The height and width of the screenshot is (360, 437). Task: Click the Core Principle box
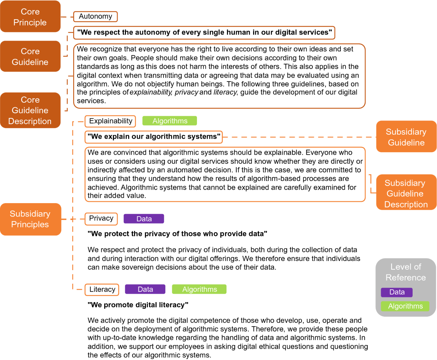30,17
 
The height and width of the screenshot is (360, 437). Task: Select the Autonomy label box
95,16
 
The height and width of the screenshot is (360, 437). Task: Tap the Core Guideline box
30,56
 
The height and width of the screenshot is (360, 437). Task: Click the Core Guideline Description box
30,110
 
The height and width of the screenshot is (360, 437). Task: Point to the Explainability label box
110,121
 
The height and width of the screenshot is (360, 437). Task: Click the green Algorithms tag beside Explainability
170,121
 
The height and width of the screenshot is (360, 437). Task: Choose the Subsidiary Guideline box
406,137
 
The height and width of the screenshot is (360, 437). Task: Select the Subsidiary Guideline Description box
406,193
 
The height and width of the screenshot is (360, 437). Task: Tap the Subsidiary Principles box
30,219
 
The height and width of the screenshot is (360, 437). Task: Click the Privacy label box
101,218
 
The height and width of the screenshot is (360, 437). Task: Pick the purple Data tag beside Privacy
144,219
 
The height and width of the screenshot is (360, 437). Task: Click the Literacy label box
102,289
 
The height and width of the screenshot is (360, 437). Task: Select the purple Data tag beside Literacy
145,289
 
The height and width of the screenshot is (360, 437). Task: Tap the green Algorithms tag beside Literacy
199,289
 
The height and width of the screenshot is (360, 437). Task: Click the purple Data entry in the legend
397,292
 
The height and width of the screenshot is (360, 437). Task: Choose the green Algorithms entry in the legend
405,306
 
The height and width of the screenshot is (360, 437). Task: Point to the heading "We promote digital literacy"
138,304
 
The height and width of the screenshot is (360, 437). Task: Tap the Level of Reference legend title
406,272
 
